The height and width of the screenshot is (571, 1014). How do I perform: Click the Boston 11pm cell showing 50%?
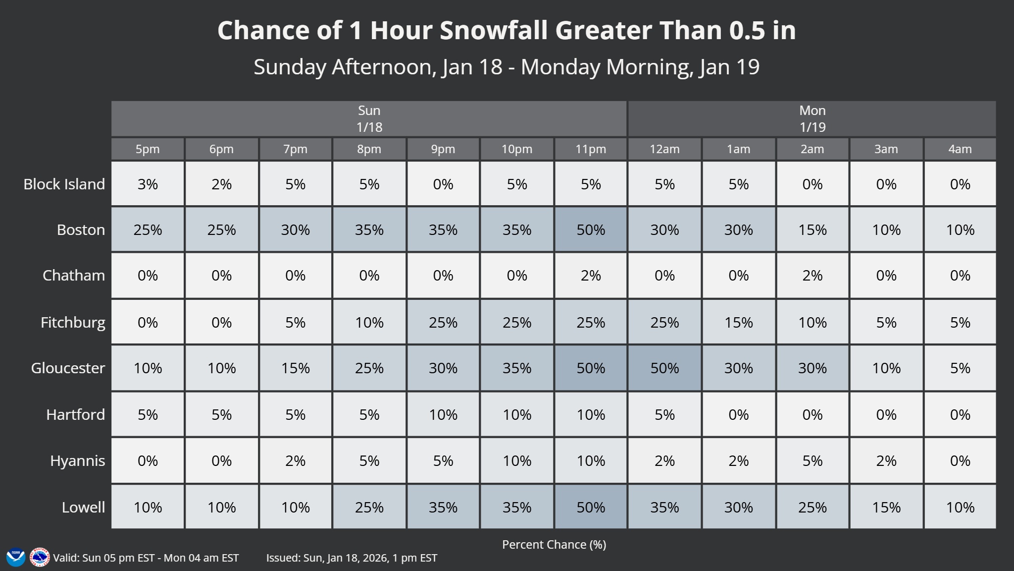(x=591, y=229)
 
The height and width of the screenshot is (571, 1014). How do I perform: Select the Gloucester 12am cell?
(x=664, y=368)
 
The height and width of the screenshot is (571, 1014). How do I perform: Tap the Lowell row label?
(x=83, y=507)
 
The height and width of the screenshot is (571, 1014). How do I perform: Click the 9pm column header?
(x=443, y=149)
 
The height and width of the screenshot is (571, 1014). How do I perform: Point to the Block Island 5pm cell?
(x=148, y=184)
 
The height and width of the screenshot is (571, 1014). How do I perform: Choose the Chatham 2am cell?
(x=812, y=275)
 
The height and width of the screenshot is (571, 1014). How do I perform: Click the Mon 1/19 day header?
(x=812, y=119)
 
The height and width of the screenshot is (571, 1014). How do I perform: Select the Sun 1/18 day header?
(x=369, y=119)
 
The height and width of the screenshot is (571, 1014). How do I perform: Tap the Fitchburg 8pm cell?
(x=369, y=322)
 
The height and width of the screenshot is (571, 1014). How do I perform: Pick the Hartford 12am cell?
(x=664, y=414)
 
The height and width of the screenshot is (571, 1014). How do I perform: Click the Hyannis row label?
(x=77, y=460)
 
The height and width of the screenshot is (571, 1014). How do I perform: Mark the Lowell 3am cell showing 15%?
(x=886, y=507)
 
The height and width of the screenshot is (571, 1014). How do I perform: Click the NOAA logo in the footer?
(x=15, y=557)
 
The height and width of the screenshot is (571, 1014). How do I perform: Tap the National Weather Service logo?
(x=40, y=557)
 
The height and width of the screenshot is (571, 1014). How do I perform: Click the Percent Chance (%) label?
(x=554, y=544)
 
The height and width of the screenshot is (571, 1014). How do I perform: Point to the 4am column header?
(x=960, y=149)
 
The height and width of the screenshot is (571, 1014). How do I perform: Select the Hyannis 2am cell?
(x=812, y=460)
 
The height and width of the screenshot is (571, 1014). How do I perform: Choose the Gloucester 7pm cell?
(x=296, y=368)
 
